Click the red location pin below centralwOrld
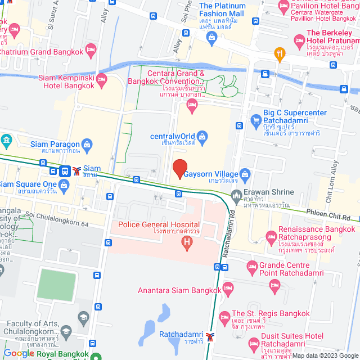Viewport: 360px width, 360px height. [179, 169]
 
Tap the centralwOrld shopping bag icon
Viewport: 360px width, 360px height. [202, 136]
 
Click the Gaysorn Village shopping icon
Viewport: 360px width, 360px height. [245, 174]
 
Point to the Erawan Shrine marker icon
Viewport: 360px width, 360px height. [236, 195]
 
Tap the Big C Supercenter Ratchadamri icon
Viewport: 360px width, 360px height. [255, 121]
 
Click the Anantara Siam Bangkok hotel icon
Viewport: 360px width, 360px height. [228, 289]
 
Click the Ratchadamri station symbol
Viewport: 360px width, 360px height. [210, 337]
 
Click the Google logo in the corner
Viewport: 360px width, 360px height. [19, 353]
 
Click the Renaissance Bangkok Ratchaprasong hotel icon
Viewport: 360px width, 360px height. [271, 235]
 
